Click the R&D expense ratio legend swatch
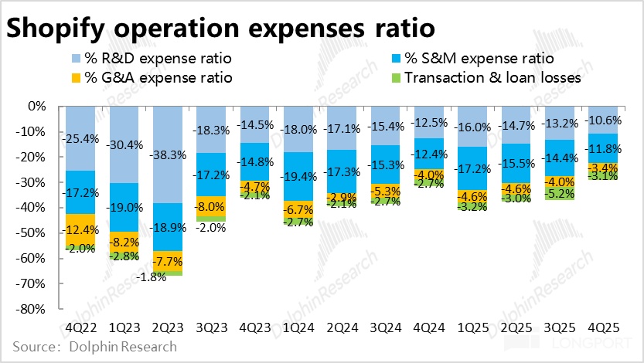75,59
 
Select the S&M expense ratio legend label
480,59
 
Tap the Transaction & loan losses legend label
492,77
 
